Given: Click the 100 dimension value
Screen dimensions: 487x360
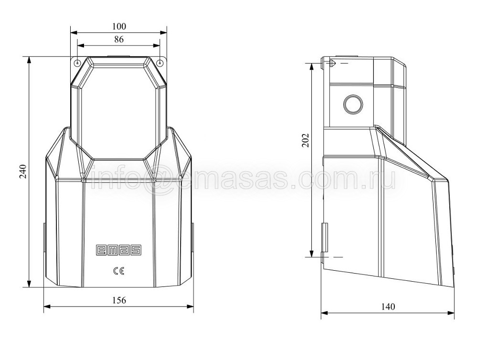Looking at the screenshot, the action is [119, 26].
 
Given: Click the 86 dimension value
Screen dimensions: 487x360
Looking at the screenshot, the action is [119, 40].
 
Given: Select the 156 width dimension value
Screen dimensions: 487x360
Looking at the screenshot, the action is [119, 300].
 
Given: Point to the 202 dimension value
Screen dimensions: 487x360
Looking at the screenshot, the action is [306, 140].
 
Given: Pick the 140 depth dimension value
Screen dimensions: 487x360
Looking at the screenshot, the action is [388, 307].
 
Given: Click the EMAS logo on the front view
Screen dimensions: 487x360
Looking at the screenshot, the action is [118, 250].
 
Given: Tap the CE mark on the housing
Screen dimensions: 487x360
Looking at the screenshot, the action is [118, 272].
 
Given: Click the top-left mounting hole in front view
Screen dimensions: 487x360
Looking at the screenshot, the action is [77, 63].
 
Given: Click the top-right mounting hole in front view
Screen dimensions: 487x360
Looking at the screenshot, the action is [160, 63].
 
